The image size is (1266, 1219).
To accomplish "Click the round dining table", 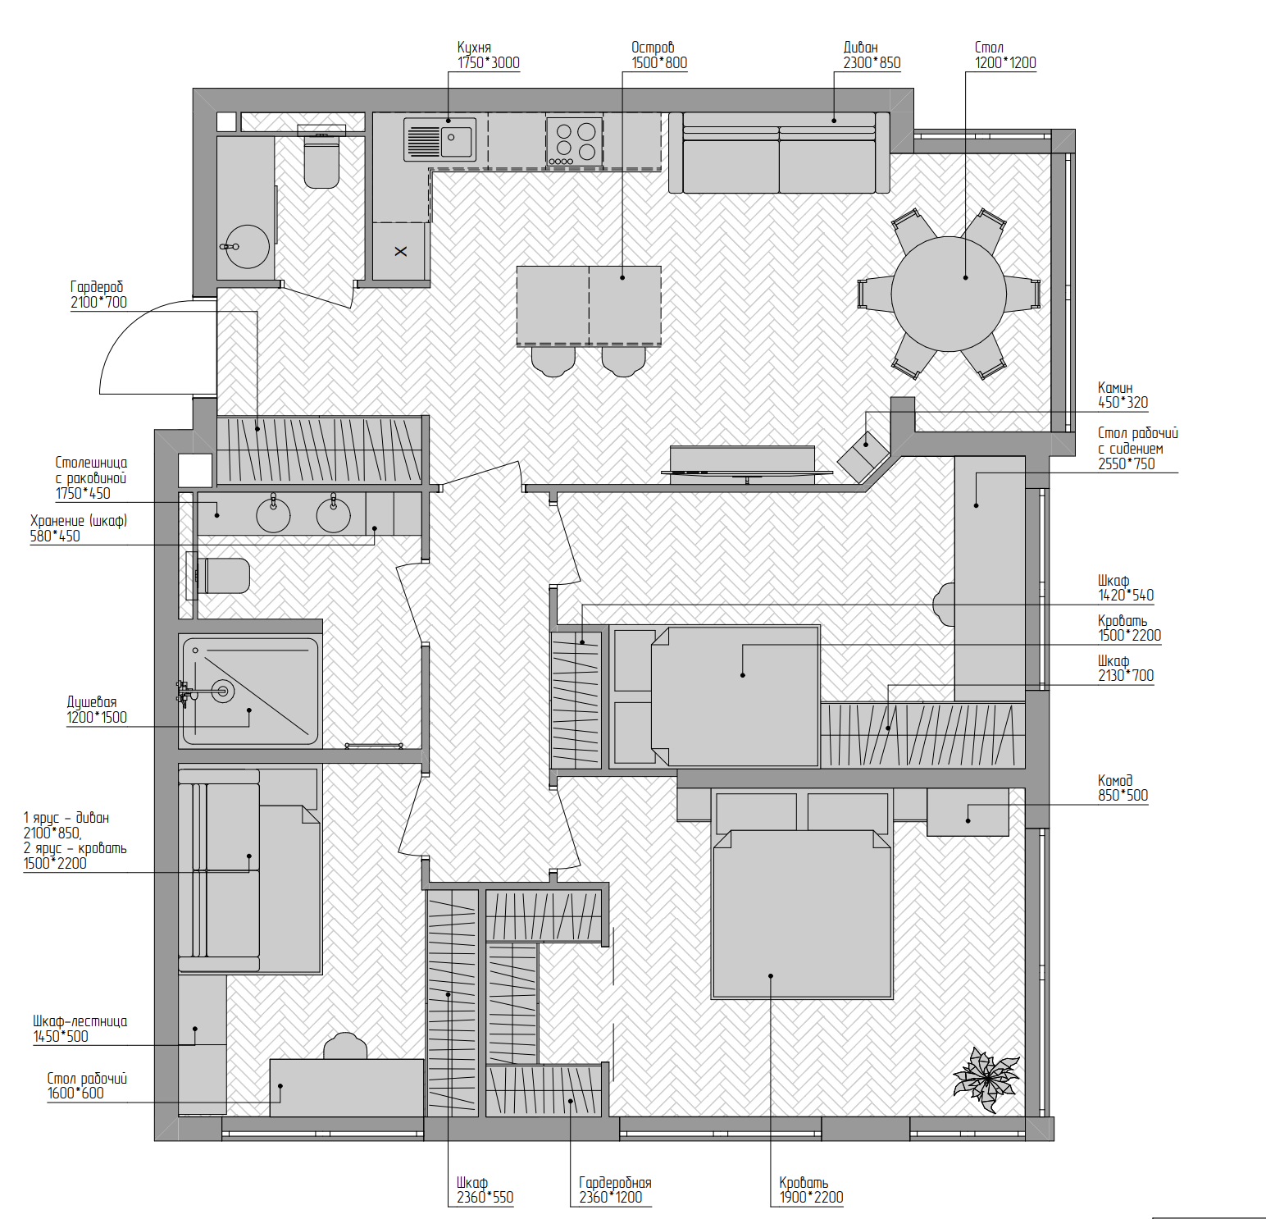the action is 949,294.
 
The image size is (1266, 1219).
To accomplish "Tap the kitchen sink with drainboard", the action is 440,139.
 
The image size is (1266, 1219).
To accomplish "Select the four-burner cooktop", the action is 574,141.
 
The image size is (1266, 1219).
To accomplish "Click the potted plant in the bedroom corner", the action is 986,1079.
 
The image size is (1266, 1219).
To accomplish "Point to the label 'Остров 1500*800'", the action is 658,55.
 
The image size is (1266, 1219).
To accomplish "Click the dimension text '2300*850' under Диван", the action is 872,62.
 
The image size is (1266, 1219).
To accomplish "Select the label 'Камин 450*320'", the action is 1123,395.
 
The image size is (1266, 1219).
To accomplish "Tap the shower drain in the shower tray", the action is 222,691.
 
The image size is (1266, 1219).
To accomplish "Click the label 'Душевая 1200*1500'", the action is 97,710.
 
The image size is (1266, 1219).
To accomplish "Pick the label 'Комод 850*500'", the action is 1123,788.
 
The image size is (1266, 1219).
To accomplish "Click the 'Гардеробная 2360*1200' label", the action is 615,1189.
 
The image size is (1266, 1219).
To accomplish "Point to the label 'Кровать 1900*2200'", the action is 811,1189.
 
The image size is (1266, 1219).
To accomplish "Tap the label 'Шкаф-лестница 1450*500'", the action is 80,1029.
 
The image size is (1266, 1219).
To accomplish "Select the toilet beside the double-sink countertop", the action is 222,575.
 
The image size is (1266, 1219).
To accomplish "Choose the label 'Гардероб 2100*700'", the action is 98,294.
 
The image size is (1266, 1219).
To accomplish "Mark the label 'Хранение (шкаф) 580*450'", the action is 79,528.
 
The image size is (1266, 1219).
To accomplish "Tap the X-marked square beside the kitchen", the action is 400,251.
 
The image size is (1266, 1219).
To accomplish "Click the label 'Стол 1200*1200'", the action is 1005,55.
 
